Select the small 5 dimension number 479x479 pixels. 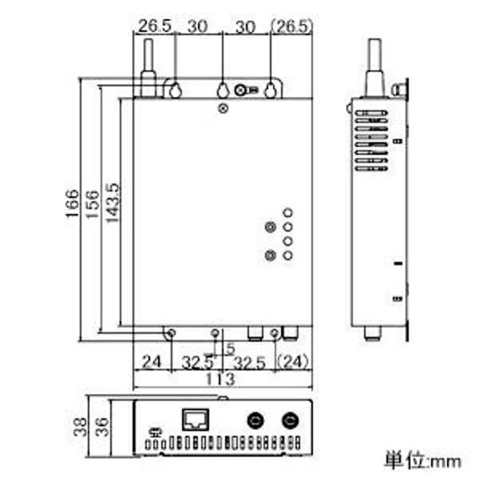(230, 349)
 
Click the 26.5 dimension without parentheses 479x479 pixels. (153, 26)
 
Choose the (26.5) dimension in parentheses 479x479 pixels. (292, 26)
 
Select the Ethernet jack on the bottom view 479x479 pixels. (196, 420)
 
